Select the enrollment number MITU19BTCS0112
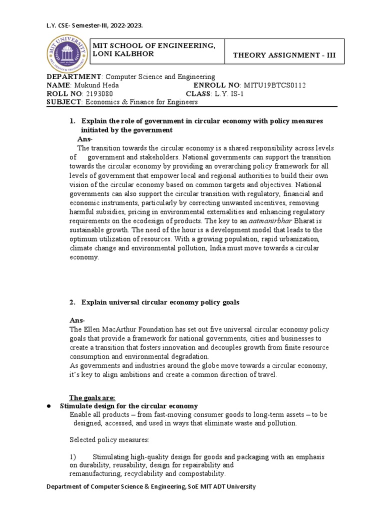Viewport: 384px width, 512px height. tap(274, 85)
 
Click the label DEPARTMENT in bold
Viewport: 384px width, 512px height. tap(74, 76)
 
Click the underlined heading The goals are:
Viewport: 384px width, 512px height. tap(92, 398)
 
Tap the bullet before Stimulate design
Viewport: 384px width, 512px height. tap(49, 406)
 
